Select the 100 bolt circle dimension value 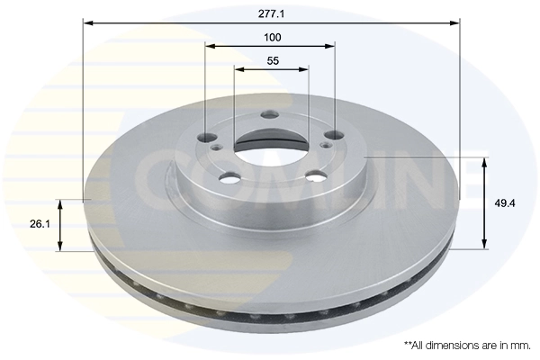pyautogui.click(x=273, y=37)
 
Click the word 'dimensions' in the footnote pyautogui.click(x=448, y=345)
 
